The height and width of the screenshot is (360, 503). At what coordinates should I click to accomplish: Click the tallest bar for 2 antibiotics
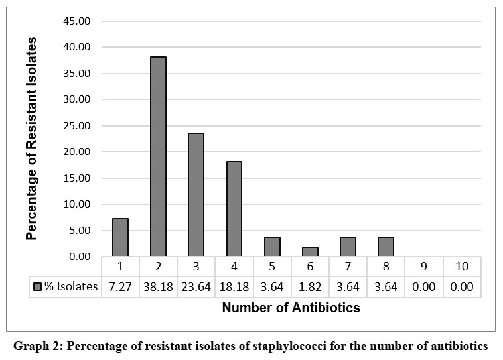pyautogui.click(x=158, y=156)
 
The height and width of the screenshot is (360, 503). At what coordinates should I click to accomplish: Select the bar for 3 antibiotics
pyautogui.click(x=196, y=195)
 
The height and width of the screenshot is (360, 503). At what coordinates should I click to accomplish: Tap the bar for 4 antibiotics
pyautogui.click(x=234, y=209)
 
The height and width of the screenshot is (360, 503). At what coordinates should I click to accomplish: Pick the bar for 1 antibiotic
pyautogui.click(x=120, y=237)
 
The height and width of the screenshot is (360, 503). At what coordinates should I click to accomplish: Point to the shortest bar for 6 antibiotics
pyautogui.click(x=310, y=252)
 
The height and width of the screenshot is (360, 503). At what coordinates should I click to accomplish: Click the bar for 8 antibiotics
pyautogui.click(x=386, y=247)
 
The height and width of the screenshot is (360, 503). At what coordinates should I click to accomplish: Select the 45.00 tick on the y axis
pyautogui.click(x=77, y=21)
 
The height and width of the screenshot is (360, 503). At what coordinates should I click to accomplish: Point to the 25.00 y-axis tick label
pyautogui.click(x=77, y=126)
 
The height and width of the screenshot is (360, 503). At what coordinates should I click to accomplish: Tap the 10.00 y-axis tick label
pyautogui.click(x=77, y=204)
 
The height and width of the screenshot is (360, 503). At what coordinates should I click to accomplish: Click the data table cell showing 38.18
pyautogui.click(x=158, y=287)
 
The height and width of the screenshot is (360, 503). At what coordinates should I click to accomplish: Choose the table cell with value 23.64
pyautogui.click(x=196, y=287)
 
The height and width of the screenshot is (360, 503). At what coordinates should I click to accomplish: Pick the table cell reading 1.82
pyautogui.click(x=310, y=287)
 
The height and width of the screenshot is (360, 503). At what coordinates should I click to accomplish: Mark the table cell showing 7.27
pyautogui.click(x=120, y=287)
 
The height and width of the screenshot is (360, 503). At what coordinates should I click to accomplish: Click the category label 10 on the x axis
pyautogui.click(x=462, y=267)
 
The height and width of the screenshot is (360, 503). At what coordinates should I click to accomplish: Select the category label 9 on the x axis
pyautogui.click(x=424, y=267)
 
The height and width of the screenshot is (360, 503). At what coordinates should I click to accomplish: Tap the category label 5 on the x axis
pyautogui.click(x=272, y=267)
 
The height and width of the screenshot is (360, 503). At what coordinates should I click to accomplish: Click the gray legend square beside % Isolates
pyautogui.click(x=38, y=286)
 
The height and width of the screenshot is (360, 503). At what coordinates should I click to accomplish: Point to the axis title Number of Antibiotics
pyautogui.click(x=291, y=308)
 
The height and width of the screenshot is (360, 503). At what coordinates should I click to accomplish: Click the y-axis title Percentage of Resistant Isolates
pyautogui.click(x=31, y=139)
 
